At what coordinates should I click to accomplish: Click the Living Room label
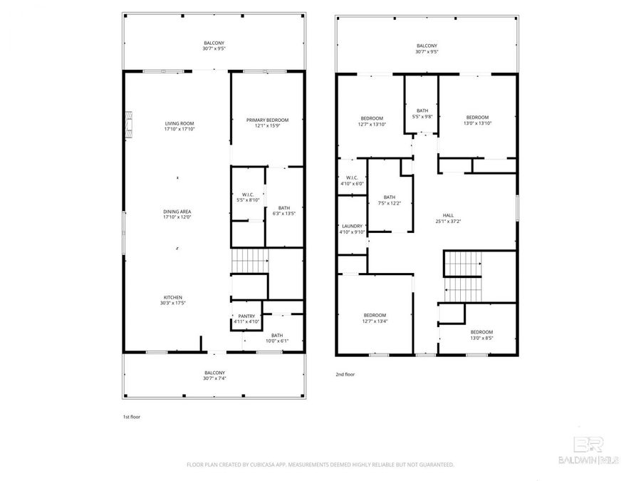click(x=179, y=126)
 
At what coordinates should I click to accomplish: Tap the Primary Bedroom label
click(x=267, y=123)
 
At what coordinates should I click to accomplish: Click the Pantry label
click(x=246, y=319)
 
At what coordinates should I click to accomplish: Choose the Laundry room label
click(x=353, y=229)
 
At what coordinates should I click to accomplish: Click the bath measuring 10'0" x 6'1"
click(x=276, y=338)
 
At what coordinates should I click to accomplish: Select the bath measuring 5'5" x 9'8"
click(x=422, y=113)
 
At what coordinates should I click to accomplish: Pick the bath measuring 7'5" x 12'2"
click(x=390, y=200)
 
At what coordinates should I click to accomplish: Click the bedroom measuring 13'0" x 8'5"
click(x=481, y=335)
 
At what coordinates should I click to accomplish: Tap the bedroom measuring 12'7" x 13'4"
click(x=375, y=319)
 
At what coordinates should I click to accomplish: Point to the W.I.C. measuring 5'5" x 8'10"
click(x=247, y=197)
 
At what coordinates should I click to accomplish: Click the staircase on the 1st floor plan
click(x=249, y=261)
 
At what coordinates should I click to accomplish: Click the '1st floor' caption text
click(x=132, y=416)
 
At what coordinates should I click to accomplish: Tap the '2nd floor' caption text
click(x=345, y=374)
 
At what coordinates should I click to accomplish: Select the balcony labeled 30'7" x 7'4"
click(x=214, y=375)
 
